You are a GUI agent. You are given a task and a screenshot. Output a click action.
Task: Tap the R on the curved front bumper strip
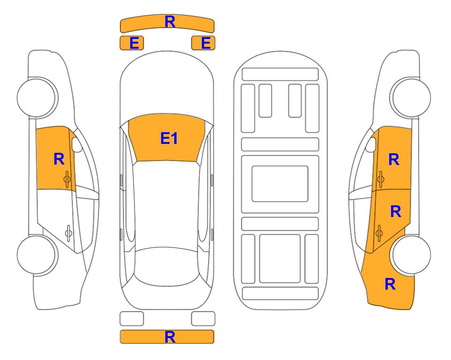pyautogui.click(x=170, y=22)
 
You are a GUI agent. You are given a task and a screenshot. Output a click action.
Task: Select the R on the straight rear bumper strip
pyautogui.click(x=170, y=337)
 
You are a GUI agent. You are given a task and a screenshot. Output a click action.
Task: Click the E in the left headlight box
pyautogui.click(x=134, y=43)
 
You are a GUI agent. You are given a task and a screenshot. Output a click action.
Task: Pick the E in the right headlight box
pyautogui.click(x=206, y=43)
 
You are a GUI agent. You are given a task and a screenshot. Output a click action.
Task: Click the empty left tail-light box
pyautogui.click(x=132, y=319)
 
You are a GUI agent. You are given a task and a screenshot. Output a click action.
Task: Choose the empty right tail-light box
pyautogui.click(x=203, y=319)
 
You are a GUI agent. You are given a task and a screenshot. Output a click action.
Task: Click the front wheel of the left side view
pyautogui.click(x=37, y=97)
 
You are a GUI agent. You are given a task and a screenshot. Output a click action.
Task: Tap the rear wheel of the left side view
pyautogui.click(x=37, y=255)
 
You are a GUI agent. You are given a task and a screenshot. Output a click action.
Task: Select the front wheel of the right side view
pyautogui.click(x=411, y=97)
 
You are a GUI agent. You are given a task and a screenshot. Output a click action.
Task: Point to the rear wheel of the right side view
pyautogui.click(x=411, y=255)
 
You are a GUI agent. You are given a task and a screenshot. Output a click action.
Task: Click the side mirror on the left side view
pyautogui.click(x=77, y=144)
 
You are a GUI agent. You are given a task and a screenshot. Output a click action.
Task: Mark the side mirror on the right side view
pyautogui.click(x=371, y=144)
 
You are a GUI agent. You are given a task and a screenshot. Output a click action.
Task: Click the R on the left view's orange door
pyautogui.click(x=59, y=159)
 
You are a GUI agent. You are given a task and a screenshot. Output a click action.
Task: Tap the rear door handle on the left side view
pyautogui.click(x=68, y=233)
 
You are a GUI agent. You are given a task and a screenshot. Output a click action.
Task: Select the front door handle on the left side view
pyautogui.click(x=67, y=179)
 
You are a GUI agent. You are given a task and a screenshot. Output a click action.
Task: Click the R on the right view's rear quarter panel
pyautogui.click(x=390, y=284)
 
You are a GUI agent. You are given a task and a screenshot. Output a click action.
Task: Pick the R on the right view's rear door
pyautogui.click(x=396, y=211)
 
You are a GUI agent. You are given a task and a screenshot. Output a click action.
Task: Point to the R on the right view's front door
pyautogui.click(x=394, y=159)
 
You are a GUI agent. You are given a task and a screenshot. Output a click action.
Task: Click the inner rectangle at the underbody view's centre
pyautogui.click(x=280, y=184)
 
